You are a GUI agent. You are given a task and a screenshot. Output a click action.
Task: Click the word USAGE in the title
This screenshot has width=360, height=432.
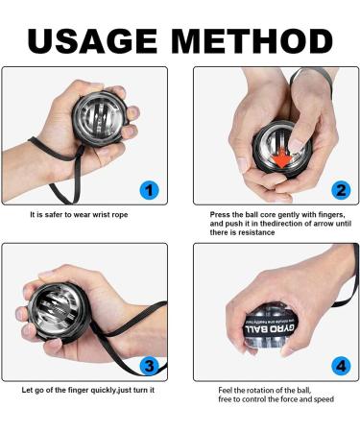click(x=92, y=41)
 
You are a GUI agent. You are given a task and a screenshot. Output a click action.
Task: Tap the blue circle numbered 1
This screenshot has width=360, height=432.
click(x=149, y=190)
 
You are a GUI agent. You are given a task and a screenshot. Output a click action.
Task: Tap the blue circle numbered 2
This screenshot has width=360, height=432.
click(x=341, y=190)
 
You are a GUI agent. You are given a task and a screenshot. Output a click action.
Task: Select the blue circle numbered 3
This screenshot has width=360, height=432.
click(x=149, y=366)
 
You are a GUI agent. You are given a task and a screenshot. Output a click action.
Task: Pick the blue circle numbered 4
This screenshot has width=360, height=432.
click(x=341, y=366)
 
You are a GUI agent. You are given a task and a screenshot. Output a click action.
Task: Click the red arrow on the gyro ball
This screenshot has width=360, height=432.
click(x=282, y=158)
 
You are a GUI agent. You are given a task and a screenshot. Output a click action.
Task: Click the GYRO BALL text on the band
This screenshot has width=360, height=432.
click(x=271, y=329)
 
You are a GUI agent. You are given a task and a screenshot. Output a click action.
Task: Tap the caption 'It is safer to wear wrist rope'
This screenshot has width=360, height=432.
click(x=79, y=215)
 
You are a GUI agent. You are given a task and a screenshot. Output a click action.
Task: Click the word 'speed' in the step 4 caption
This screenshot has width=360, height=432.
click(x=324, y=399)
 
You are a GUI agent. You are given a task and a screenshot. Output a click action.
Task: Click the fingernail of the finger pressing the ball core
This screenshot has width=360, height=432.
click(x=297, y=145)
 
